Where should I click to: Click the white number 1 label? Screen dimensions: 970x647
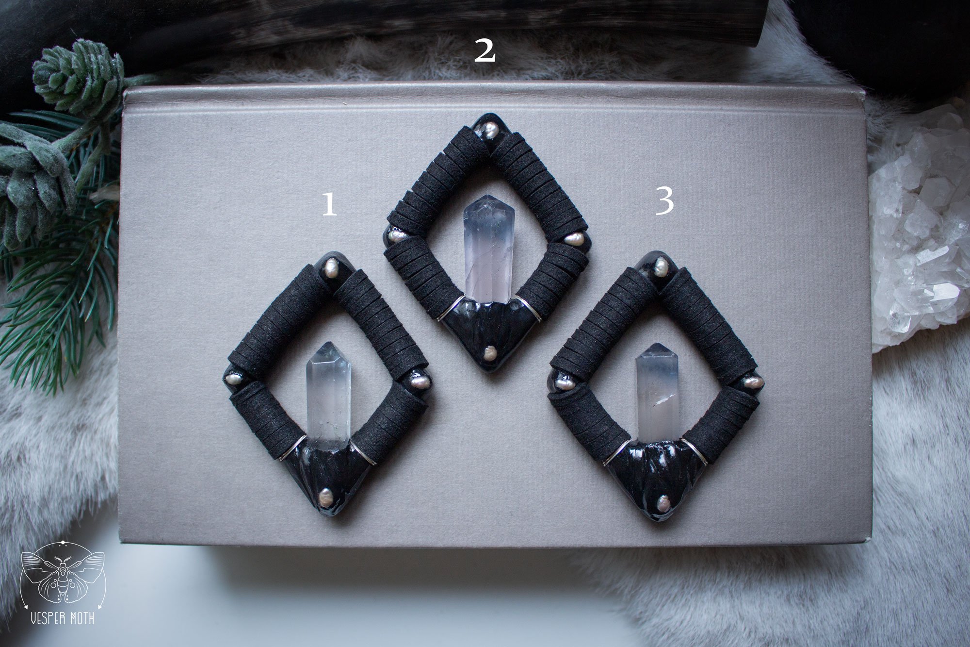pos(330,205)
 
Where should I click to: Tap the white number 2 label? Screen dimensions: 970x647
pos(485,51)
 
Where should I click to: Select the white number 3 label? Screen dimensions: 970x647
pos(664,202)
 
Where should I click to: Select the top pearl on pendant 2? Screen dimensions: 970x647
pos(491,129)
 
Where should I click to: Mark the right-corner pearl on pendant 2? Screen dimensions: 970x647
pos(574,238)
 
